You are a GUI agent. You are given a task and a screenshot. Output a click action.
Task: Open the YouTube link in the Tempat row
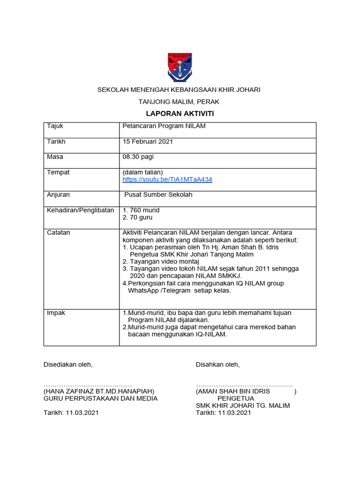tap(167, 180)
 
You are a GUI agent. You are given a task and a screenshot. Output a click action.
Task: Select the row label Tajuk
tap(55, 126)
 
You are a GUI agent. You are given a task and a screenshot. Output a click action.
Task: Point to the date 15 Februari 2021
tap(148, 141)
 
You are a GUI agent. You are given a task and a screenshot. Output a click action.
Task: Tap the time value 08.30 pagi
tap(138, 157)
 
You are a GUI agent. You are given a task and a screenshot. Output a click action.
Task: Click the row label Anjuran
tap(58, 195)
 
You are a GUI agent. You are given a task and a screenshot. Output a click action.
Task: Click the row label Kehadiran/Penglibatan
tap(81, 210)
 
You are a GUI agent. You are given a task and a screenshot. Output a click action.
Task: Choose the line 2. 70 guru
tap(137, 217)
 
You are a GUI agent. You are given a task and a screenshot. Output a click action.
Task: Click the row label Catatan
tap(59, 232)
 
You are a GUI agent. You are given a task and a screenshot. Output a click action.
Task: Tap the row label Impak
tap(56, 312)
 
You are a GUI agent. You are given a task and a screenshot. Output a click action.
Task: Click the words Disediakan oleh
tap(68, 364)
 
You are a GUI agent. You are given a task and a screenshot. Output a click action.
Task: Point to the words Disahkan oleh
tap(217, 364)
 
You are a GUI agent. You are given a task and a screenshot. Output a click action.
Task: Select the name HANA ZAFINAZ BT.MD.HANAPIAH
tap(99, 391)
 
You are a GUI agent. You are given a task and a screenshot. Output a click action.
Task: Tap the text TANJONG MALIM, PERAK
tap(179, 101)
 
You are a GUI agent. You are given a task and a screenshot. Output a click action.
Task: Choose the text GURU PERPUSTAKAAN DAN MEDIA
tap(101, 398)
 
